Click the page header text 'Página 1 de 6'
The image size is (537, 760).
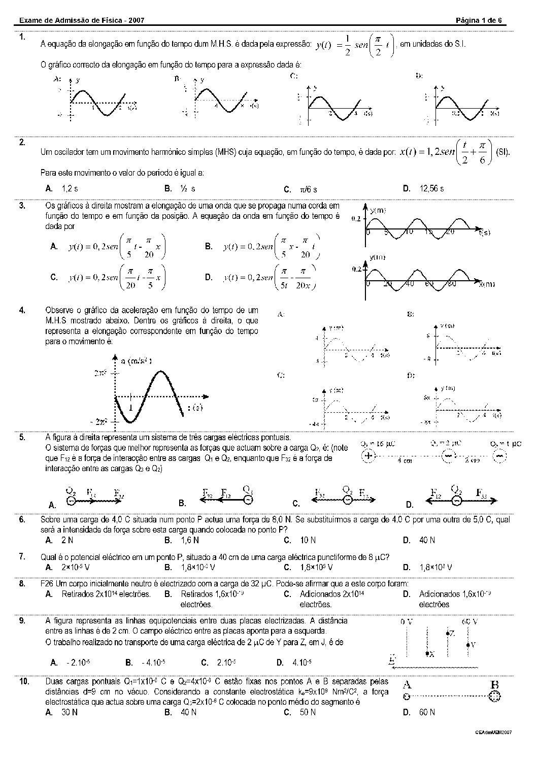click(x=479, y=20)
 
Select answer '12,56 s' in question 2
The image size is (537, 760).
click(x=431, y=188)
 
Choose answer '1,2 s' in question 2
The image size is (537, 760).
click(x=70, y=188)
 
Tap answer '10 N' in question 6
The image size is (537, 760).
click(x=308, y=540)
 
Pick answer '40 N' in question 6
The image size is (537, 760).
click(x=427, y=540)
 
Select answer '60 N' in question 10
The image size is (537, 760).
click(x=427, y=712)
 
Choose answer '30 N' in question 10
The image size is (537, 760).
click(x=69, y=712)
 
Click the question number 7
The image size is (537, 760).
click(x=22, y=557)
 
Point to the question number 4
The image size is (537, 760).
click(x=22, y=310)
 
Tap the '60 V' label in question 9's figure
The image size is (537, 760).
click(x=470, y=621)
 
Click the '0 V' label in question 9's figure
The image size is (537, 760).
click(x=407, y=621)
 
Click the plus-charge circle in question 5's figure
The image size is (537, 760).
click(x=368, y=456)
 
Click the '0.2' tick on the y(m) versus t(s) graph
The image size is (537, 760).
click(x=356, y=219)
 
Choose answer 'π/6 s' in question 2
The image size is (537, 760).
click(x=309, y=189)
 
